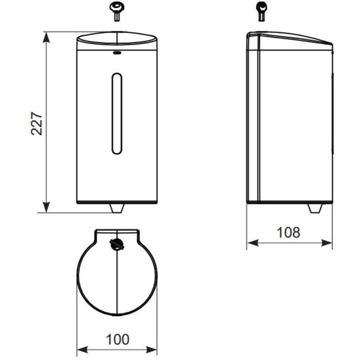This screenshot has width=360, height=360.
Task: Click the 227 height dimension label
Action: pos(37,124)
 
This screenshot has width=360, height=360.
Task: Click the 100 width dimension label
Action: pos(118,340)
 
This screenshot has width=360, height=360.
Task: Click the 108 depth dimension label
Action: pos(288,233)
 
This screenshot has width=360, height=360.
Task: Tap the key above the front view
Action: pos(117,11)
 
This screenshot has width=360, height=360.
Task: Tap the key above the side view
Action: pos(261,11)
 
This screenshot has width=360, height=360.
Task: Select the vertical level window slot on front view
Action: pos(117,114)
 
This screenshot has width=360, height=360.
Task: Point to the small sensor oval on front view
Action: pos(117,53)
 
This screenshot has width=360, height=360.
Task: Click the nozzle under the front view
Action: pos(117,208)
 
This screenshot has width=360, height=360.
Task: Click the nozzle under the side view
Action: pos(315,208)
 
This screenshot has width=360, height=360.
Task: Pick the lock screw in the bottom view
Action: pos(117,244)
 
